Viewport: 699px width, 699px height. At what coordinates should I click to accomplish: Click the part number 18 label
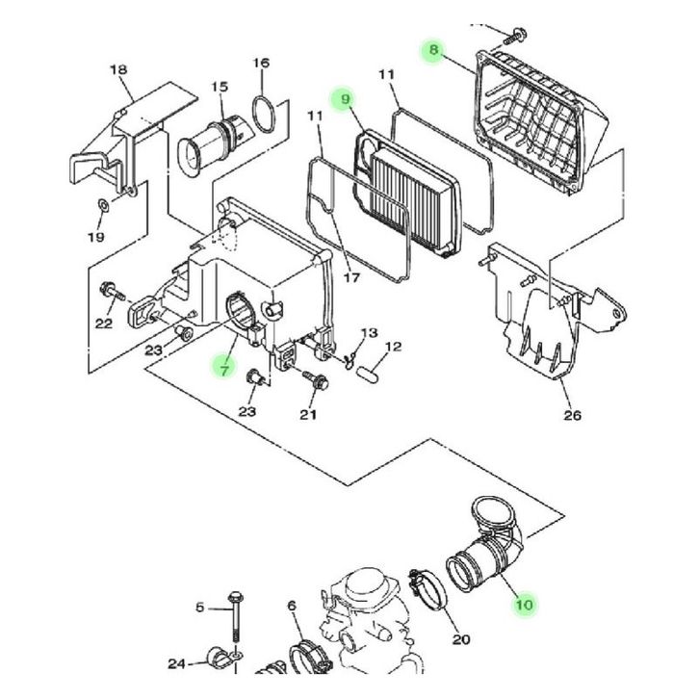pos(118,70)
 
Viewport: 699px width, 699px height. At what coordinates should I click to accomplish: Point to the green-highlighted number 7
pos(223,368)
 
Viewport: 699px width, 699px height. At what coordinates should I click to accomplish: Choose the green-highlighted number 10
pos(524,605)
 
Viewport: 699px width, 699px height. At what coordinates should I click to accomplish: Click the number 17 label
pos(350,279)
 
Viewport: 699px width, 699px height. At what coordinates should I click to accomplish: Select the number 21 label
pos(308,415)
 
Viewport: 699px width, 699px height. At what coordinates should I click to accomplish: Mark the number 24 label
pos(175,663)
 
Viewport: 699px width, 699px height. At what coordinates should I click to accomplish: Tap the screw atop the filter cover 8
pos(517,36)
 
